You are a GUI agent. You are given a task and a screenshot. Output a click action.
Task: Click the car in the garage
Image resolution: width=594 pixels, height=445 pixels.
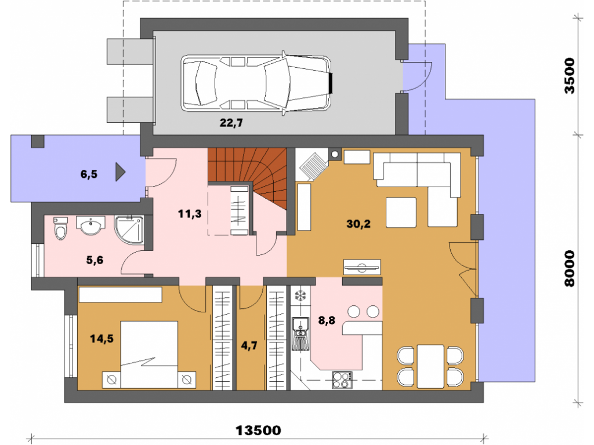point(257,83)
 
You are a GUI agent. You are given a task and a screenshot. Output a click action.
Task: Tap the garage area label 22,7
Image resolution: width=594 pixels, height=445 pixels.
point(231,123)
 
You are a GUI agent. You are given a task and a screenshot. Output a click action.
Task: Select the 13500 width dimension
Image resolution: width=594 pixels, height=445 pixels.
point(258,431)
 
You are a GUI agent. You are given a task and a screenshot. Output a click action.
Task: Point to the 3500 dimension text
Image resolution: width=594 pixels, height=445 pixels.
point(570,76)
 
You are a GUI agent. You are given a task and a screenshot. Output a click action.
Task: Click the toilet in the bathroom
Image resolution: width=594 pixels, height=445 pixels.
point(60,228)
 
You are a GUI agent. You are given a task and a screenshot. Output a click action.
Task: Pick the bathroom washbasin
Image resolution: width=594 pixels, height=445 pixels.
point(91,225)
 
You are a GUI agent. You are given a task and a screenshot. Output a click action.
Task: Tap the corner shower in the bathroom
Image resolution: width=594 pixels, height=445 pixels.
point(129,230)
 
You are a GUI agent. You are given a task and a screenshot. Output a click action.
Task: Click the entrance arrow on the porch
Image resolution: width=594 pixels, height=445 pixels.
point(121,172)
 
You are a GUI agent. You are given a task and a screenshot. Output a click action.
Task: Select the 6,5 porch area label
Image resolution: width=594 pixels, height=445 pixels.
point(89,174)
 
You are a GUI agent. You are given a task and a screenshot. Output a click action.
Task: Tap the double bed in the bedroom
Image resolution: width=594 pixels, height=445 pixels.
point(149,355)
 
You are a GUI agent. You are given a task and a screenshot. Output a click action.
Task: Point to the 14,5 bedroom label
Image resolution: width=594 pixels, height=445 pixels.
point(102,338)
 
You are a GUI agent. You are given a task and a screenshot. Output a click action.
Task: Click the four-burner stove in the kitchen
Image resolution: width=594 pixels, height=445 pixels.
point(342,380)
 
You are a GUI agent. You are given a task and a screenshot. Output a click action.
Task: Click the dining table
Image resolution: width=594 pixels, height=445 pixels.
point(430,366)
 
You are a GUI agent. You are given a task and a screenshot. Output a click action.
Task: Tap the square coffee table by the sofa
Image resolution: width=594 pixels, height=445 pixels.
point(401,212)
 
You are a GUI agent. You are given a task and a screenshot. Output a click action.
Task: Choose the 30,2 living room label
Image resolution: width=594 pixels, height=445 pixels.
point(358,224)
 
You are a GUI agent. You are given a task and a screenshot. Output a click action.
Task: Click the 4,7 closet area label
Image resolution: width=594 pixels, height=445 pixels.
point(249,345)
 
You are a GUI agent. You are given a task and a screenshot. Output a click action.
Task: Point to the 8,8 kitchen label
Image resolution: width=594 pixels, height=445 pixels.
point(327,320)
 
